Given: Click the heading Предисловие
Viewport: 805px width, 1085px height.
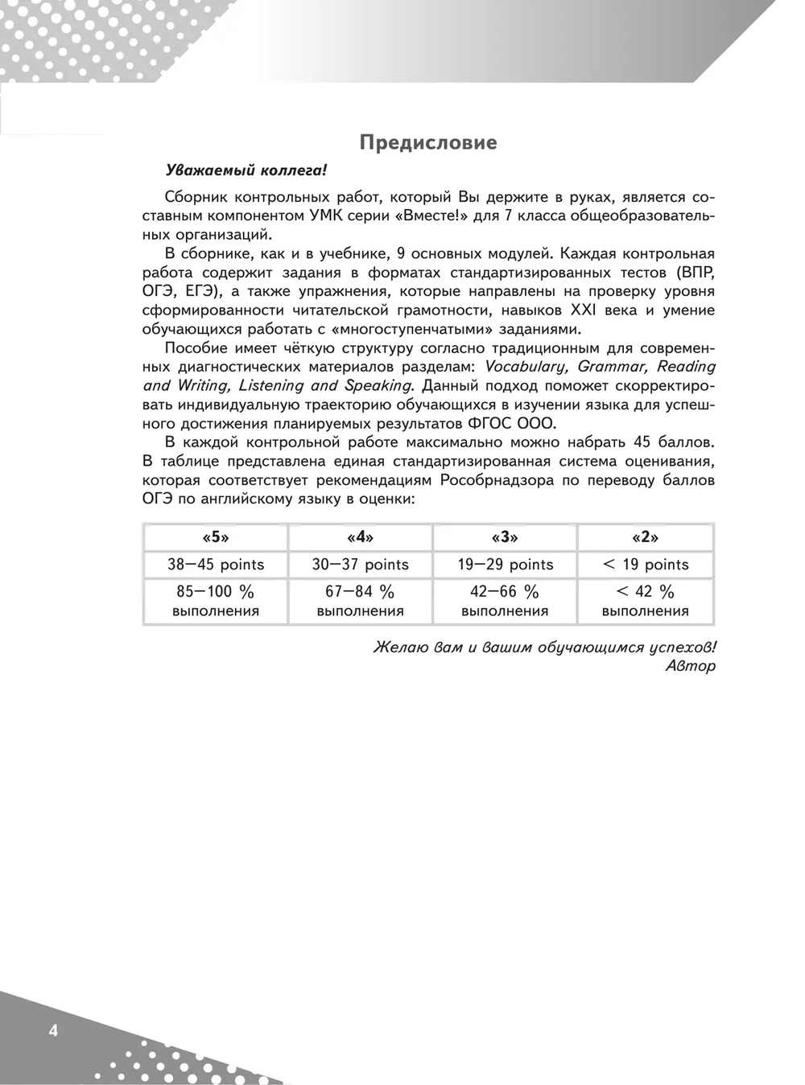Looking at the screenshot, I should click(x=428, y=143).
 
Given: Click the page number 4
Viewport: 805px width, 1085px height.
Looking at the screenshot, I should click(x=53, y=1030).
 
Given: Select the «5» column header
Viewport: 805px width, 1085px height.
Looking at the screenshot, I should click(x=216, y=537).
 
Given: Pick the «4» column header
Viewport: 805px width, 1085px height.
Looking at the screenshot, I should click(x=360, y=537).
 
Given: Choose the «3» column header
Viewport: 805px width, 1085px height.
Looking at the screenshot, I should click(x=505, y=537).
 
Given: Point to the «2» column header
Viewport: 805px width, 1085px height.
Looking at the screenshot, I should click(x=646, y=537).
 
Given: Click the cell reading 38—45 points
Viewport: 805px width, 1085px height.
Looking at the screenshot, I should click(x=216, y=565).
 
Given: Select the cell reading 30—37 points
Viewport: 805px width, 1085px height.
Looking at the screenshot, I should click(x=360, y=565).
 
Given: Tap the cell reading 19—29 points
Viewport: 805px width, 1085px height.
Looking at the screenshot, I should click(x=505, y=565).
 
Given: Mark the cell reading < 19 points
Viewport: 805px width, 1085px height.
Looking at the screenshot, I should click(x=646, y=565).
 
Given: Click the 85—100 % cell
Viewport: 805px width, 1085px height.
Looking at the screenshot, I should click(x=216, y=601).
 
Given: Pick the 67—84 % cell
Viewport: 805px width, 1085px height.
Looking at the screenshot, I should click(x=360, y=601).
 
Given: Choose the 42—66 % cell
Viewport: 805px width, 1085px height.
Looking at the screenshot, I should click(x=505, y=601).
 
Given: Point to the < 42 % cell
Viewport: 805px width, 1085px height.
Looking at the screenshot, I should click(x=646, y=601).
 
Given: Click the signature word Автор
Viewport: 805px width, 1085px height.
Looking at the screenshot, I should click(x=691, y=666).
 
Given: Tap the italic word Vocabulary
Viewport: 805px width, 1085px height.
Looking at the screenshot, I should click(x=527, y=367).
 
